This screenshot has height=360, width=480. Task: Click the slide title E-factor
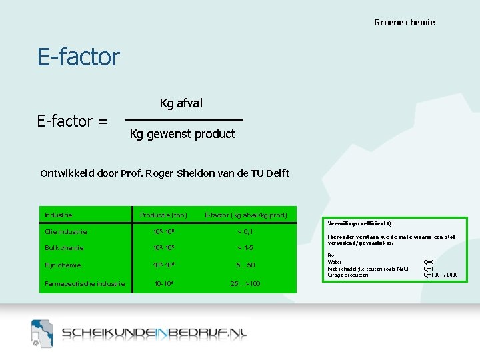coord(79,57)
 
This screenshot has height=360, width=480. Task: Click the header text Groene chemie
coord(404,23)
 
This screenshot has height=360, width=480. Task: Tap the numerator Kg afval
coord(181,103)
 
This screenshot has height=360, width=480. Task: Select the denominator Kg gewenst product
coord(183,134)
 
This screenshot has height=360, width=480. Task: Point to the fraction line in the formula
coord(183,119)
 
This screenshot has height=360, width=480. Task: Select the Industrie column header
coord(58,215)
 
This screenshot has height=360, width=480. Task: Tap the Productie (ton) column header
coord(163,215)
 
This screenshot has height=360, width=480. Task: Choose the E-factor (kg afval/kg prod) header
coord(245,215)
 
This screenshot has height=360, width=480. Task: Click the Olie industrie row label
coord(65,232)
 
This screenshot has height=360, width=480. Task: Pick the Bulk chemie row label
coord(63,248)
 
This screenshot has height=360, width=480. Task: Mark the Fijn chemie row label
coord(63,265)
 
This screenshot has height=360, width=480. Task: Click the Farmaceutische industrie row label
coord(85,284)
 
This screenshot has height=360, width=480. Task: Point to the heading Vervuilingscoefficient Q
coord(360,223)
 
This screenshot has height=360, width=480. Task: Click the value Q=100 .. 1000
coord(441,275)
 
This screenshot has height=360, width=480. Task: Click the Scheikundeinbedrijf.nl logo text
coord(154,333)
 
